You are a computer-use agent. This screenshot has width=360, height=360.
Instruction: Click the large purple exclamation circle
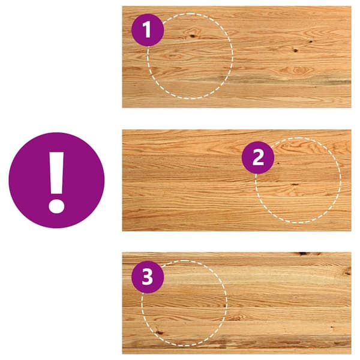click(x=56, y=180)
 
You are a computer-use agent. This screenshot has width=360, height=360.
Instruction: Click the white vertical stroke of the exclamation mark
click(x=56, y=173)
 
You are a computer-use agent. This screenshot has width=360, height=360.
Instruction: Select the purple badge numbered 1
click(x=148, y=30)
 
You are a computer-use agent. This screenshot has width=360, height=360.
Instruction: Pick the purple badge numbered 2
click(x=258, y=157)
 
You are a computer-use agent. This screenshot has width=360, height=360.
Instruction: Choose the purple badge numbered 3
click(x=148, y=277)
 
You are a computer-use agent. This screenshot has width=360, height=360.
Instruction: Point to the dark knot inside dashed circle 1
click(x=192, y=36)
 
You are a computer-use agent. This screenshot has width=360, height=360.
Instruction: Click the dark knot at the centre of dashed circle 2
click(x=295, y=184)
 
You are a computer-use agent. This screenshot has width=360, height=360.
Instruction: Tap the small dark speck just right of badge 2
click(x=278, y=163)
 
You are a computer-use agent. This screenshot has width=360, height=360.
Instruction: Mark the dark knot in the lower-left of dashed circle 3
click(x=159, y=332)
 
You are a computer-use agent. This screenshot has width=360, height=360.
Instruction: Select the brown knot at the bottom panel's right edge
click(x=347, y=271)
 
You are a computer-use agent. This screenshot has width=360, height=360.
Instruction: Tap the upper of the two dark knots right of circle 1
click(x=311, y=41)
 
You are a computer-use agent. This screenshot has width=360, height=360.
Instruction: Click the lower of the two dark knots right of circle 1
click(x=295, y=50)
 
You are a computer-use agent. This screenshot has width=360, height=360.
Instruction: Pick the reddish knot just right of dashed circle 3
click(x=235, y=318)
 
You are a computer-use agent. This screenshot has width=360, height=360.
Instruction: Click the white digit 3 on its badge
click(x=148, y=277)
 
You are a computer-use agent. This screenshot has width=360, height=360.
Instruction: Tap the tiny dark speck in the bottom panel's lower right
click(x=332, y=327)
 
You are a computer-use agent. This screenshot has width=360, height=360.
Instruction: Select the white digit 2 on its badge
click(x=258, y=157)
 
